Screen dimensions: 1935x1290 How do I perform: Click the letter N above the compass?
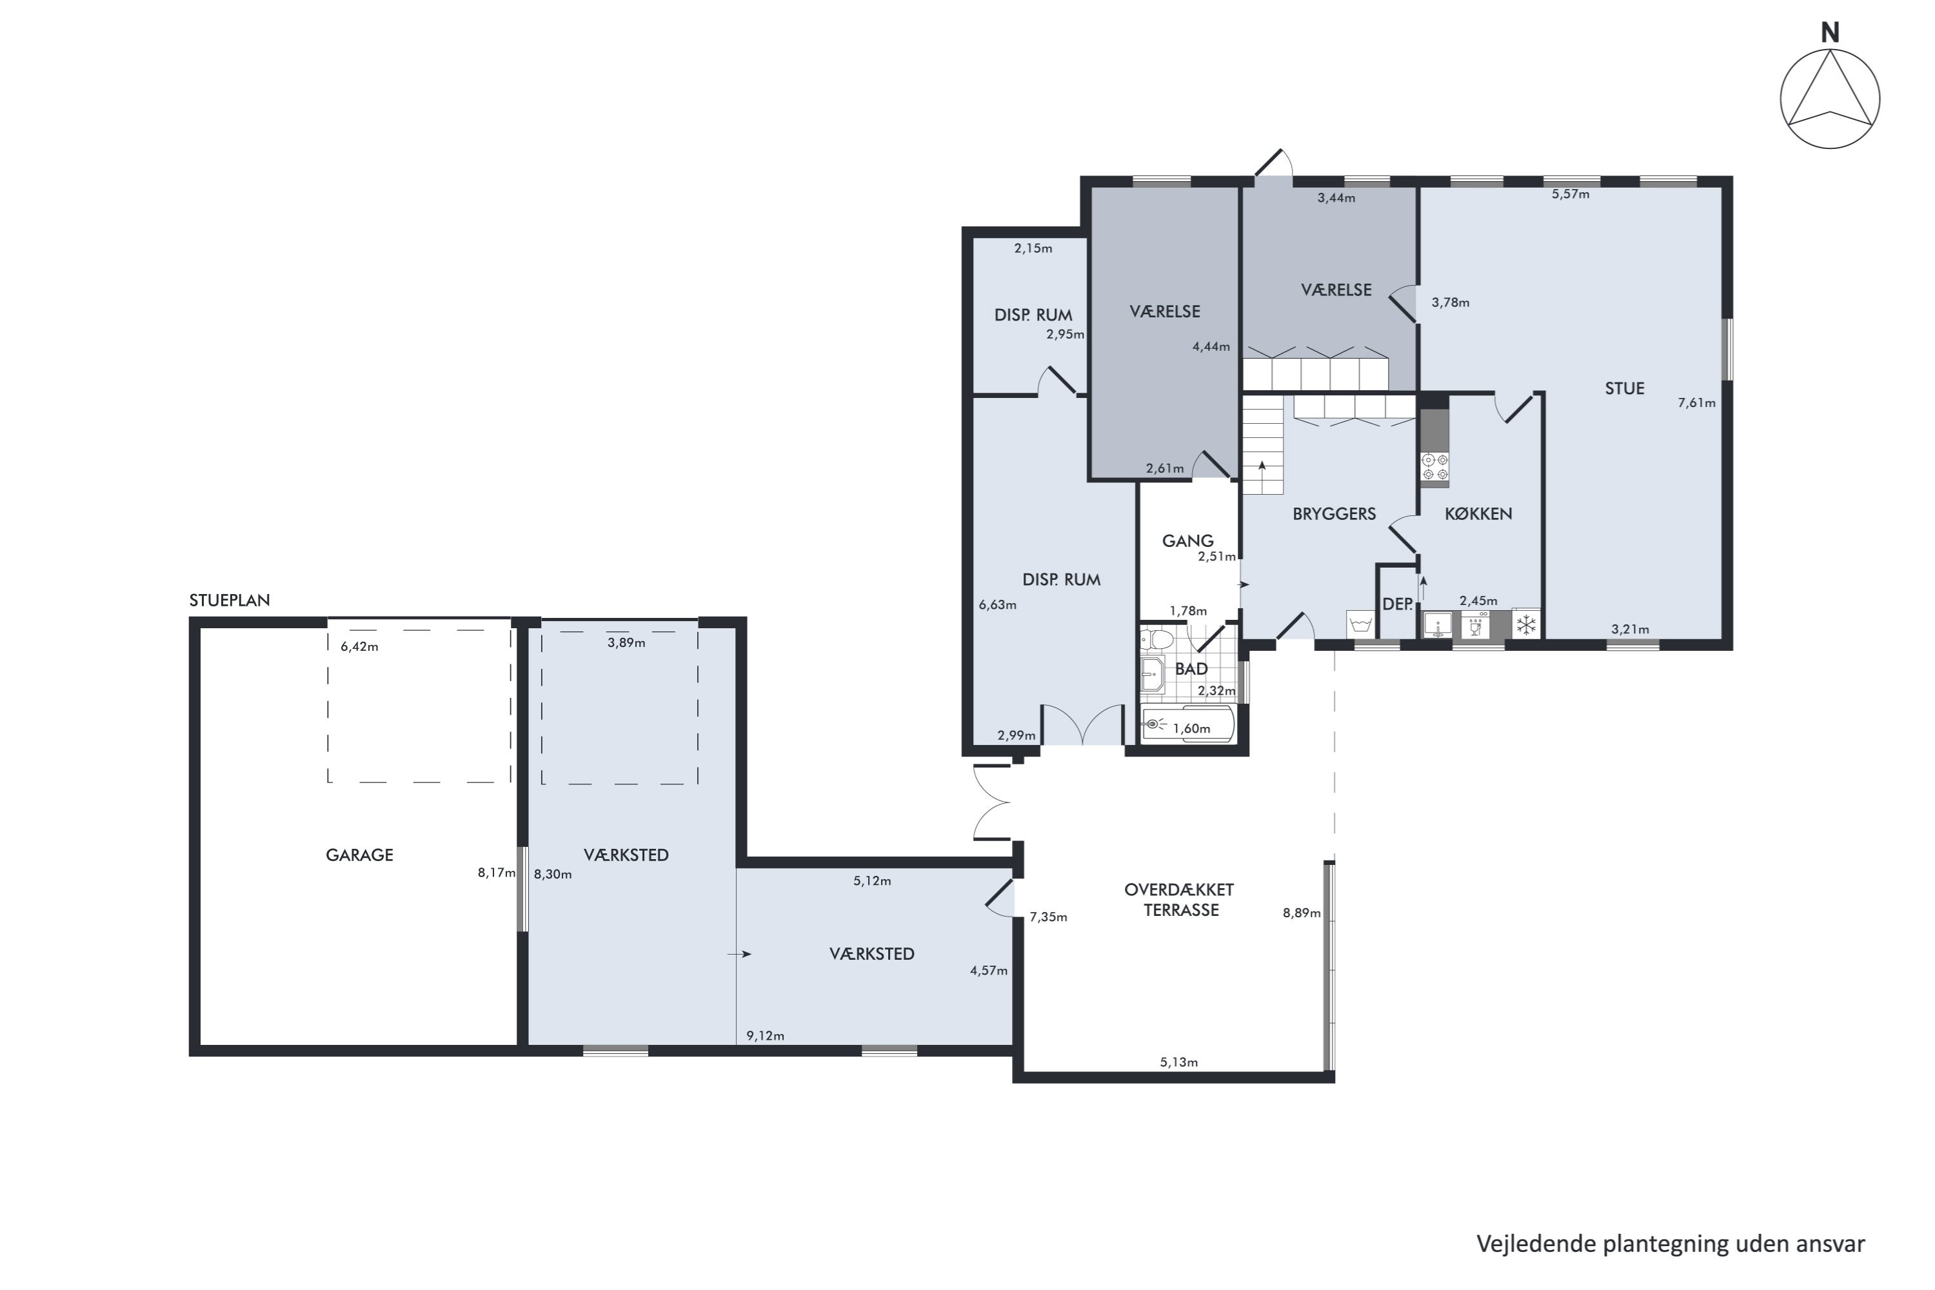[x=1830, y=33]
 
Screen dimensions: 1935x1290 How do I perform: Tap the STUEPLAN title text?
[x=230, y=600]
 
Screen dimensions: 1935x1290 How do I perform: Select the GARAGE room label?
[x=359, y=855]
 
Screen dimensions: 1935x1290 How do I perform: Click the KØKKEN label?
[x=1478, y=513]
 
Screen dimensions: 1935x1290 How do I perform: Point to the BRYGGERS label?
[x=1334, y=513]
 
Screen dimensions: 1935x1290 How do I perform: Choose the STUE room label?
[x=1624, y=388]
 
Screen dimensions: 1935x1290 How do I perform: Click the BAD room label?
[x=1191, y=669]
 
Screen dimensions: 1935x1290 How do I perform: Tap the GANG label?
[x=1187, y=541]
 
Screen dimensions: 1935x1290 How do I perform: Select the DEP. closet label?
[x=1397, y=604]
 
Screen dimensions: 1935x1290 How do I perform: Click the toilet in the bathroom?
[x=1158, y=639]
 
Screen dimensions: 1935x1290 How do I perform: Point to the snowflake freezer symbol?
[x=1526, y=625]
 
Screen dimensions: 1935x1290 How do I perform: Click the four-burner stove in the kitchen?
[x=1434, y=467]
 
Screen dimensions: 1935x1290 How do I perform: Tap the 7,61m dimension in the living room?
[x=1696, y=403]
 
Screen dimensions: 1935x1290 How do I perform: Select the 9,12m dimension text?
[x=765, y=1036]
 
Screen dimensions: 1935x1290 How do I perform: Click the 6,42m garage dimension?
[x=359, y=647]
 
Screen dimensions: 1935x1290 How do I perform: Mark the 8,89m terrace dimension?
[x=1302, y=913]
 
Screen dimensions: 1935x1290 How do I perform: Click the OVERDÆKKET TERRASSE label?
[x=1180, y=899]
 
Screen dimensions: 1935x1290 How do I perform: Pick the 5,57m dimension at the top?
[x=1571, y=194]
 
